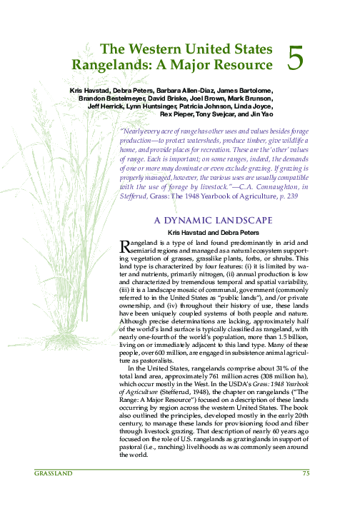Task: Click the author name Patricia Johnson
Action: (x=215, y=106)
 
